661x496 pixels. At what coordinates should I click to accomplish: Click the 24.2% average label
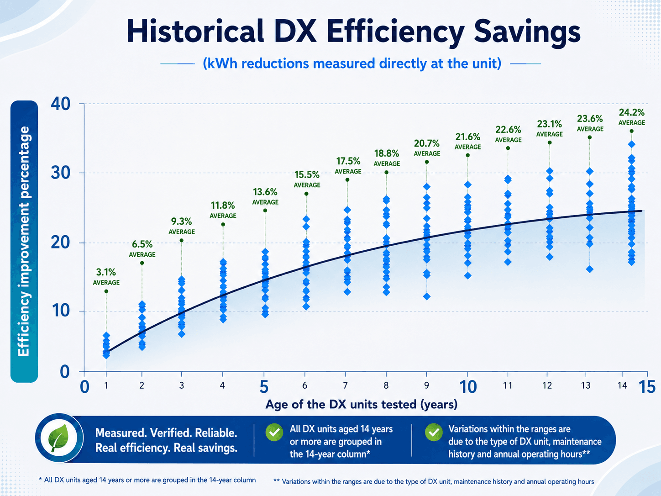[x=631, y=117]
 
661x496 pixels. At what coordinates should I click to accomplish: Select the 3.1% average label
[x=106, y=277]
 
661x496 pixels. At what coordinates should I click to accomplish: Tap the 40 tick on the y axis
[x=60, y=104]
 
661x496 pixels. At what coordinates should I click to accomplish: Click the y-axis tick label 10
[x=61, y=311]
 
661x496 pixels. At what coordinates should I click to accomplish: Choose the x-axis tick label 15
[x=646, y=387]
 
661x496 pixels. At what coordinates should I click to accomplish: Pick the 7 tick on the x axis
[x=346, y=385]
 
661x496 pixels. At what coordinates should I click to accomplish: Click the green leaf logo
[x=59, y=438]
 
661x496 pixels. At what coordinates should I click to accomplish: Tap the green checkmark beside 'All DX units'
[x=274, y=432]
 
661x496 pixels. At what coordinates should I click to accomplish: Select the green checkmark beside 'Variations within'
[x=434, y=432]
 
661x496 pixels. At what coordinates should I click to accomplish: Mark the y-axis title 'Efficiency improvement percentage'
[x=24, y=241]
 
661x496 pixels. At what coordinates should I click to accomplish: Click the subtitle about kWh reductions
[x=352, y=63]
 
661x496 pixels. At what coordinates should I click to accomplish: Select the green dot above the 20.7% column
[x=427, y=162]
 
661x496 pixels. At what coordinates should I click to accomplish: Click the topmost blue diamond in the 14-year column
[x=631, y=144]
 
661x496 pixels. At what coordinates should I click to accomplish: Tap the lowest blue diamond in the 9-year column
[x=427, y=296]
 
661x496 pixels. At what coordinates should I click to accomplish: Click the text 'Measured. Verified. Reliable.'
[x=166, y=433]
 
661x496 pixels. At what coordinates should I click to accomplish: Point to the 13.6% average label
[x=265, y=196]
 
